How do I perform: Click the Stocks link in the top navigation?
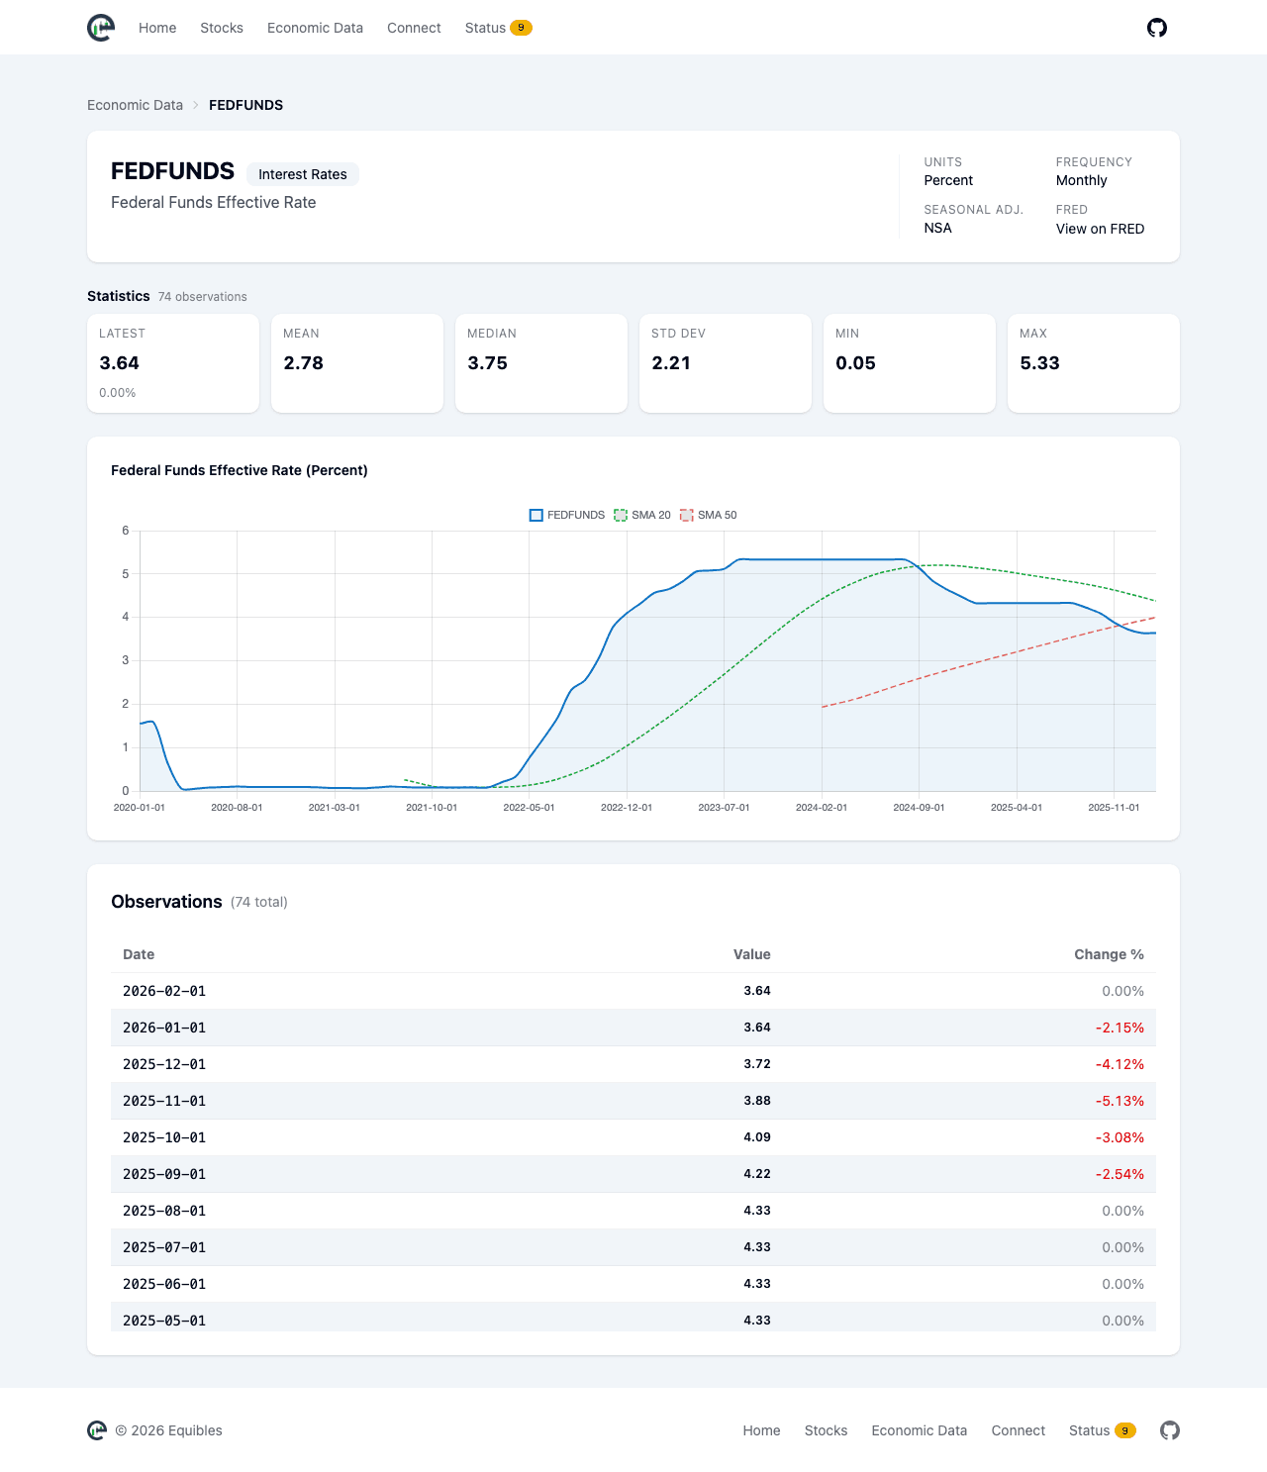pyautogui.click(x=222, y=28)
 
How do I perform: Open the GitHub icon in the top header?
pyautogui.click(x=1156, y=28)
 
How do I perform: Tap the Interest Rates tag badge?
pyautogui.click(x=303, y=174)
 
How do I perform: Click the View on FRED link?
pyautogui.click(x=1100, y=229)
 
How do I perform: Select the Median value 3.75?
pyautogui.click(x=487, y=363)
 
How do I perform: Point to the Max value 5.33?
pyautogui.click(x=1039, y=363)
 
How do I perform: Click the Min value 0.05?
pyautogui.click(x=855, y=363)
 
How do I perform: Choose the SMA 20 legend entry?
pyautogui.click(x=641, y=515)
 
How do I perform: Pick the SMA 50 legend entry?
pyautogui.click(x=708, y=515)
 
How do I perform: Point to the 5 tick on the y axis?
pyautogui.click(x=126, y=574)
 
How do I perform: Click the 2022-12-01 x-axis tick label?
pyautogui.click(x=626, y=808)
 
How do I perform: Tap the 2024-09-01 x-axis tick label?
pyautogui.click(x=919, y=808)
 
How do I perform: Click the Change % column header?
pyautogui.click(x=1109, y=954)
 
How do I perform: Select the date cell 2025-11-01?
pyautogui.click(x=163, y=1101)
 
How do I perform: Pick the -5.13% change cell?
pyautogui.click(x=1119, y=1101)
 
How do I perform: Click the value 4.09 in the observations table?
pyautogui.click(x=756, y=1137)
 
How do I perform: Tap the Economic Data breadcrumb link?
pyautogui.click(x=135, y=105)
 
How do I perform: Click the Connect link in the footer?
pyautogui.click(x=1018, y=1430)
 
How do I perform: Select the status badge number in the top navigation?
pyautogui.click(x=521, y=28)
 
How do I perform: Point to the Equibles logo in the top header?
pyautogui.click(x=100, y=28)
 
